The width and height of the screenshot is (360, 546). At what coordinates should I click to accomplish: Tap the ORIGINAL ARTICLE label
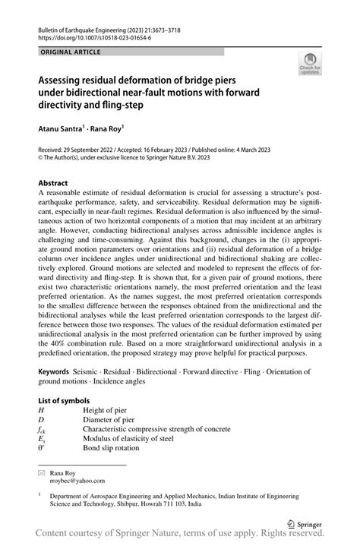(67, 52)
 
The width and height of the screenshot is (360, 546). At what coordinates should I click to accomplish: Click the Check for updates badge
(310, 68)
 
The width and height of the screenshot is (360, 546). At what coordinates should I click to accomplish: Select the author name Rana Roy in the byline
(115, 129)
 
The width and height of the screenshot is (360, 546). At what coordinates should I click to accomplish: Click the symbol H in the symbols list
(41, 410)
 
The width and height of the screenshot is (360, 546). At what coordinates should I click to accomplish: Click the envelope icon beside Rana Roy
(42, 472)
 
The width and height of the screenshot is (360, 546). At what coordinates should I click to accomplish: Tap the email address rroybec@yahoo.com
(78, 481)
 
